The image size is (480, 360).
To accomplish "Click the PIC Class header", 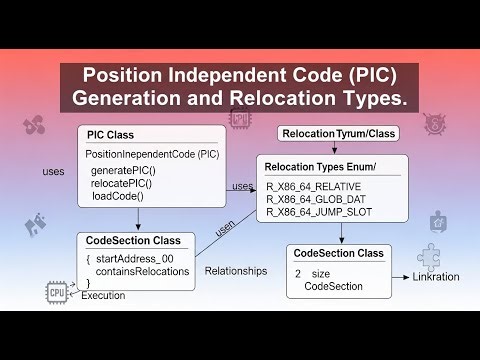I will coord(110,135).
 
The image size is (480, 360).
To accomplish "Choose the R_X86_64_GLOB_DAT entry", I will coord(316,200).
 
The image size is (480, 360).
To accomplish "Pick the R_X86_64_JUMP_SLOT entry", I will coord(318,213).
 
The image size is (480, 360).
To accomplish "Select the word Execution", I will coord(104,296).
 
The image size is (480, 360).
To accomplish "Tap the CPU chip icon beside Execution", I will coord(56,291).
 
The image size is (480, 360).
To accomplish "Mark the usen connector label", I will coord(223,229).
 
